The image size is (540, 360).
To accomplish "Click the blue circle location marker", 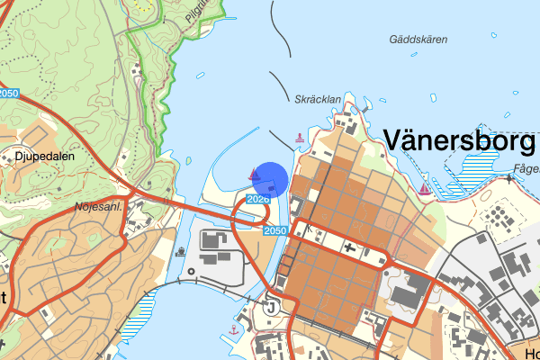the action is [269, 179].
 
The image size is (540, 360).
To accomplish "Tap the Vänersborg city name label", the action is [459, 140].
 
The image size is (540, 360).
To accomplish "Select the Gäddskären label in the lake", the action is [418, 40].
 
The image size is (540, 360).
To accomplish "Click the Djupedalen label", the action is [44, 155].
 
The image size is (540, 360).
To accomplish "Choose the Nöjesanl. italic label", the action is [98, 207].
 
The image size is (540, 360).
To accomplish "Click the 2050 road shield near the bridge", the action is [277, 231].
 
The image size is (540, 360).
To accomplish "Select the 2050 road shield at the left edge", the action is [8, 93].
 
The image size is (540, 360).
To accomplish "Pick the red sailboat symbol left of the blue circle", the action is [253, 173].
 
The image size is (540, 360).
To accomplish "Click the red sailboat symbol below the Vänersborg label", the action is [424, 188].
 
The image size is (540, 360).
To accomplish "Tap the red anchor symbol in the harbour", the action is [233, 330].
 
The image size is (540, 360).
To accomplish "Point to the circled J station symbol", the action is [269, 307].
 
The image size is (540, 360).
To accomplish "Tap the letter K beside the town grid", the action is [309, 228].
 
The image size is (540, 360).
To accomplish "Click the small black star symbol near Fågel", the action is [509, 178].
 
